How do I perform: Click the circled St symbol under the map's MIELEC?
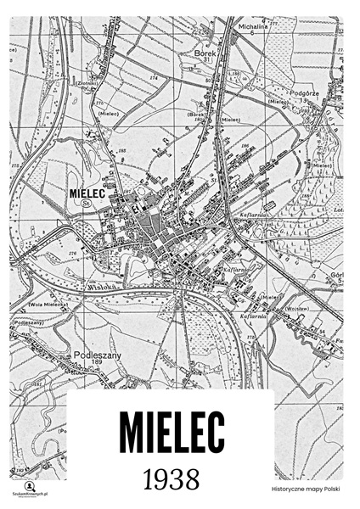[86, 204]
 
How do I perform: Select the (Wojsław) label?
[298, 309]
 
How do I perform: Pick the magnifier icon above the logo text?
[29, 484]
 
